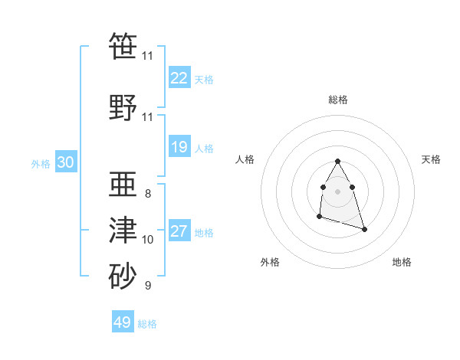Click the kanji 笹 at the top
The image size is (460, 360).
click(123, 47)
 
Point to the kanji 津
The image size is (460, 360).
click(123, 230)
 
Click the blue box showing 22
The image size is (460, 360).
click(179, 77)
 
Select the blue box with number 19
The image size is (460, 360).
click(179, 147)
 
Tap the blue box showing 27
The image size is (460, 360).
click(179, 231)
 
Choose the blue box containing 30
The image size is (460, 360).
click(65, 162)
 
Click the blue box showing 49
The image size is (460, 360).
click(123, 322)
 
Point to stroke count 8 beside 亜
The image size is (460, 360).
click(147, 193)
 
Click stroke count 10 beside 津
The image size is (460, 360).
click(147, 240)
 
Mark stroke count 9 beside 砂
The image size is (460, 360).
click(147, 286)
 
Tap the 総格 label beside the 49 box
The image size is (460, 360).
click(147, 324)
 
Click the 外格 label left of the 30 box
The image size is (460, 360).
click(40, 164)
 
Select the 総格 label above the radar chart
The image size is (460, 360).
click(337, 100)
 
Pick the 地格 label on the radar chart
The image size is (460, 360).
click(402, 262)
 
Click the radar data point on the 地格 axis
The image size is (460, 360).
click(364, 230)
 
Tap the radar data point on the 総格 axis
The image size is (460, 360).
click(337, 162)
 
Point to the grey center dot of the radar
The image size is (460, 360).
click(337, 191)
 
